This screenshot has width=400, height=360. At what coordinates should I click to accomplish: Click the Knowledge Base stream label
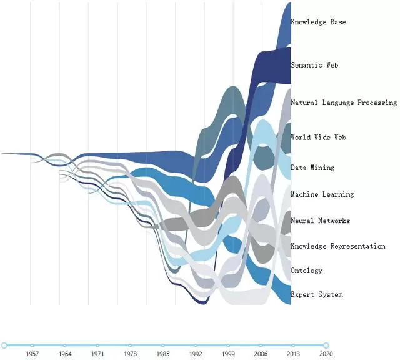point(318,22)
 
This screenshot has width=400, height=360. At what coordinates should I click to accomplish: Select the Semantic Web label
point(314,65)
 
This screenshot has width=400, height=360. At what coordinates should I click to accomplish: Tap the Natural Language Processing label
point(344,102)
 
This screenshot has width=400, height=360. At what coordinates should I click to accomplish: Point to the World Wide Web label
point(318,137)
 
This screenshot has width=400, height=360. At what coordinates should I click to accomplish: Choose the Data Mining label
point(312,167)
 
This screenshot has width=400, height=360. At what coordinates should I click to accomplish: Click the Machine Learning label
point(322,194)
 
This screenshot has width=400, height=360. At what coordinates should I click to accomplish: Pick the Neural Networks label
point(321,221)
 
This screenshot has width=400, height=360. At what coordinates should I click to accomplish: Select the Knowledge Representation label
point(338,246)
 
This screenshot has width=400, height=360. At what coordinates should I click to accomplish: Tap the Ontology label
point(307,271)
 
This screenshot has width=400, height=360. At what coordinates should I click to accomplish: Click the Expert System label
point(317,294)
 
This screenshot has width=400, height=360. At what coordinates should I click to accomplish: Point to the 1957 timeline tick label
point(32,354)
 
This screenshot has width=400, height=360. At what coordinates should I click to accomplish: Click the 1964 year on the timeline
point(65,354)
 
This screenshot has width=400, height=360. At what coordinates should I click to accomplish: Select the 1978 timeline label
point(131,354)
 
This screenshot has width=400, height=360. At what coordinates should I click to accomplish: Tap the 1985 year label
point(163,354)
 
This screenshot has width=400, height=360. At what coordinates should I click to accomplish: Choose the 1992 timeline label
point(196,354)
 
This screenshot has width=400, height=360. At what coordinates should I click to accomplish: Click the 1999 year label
point(228,354)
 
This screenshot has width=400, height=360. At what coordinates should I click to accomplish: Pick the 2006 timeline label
point(261,354)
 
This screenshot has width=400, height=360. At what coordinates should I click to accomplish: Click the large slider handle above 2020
point(326,346)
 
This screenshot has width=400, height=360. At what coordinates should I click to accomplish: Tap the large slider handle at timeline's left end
point(4,346)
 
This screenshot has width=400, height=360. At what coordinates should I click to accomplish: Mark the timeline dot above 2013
point(293,346)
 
